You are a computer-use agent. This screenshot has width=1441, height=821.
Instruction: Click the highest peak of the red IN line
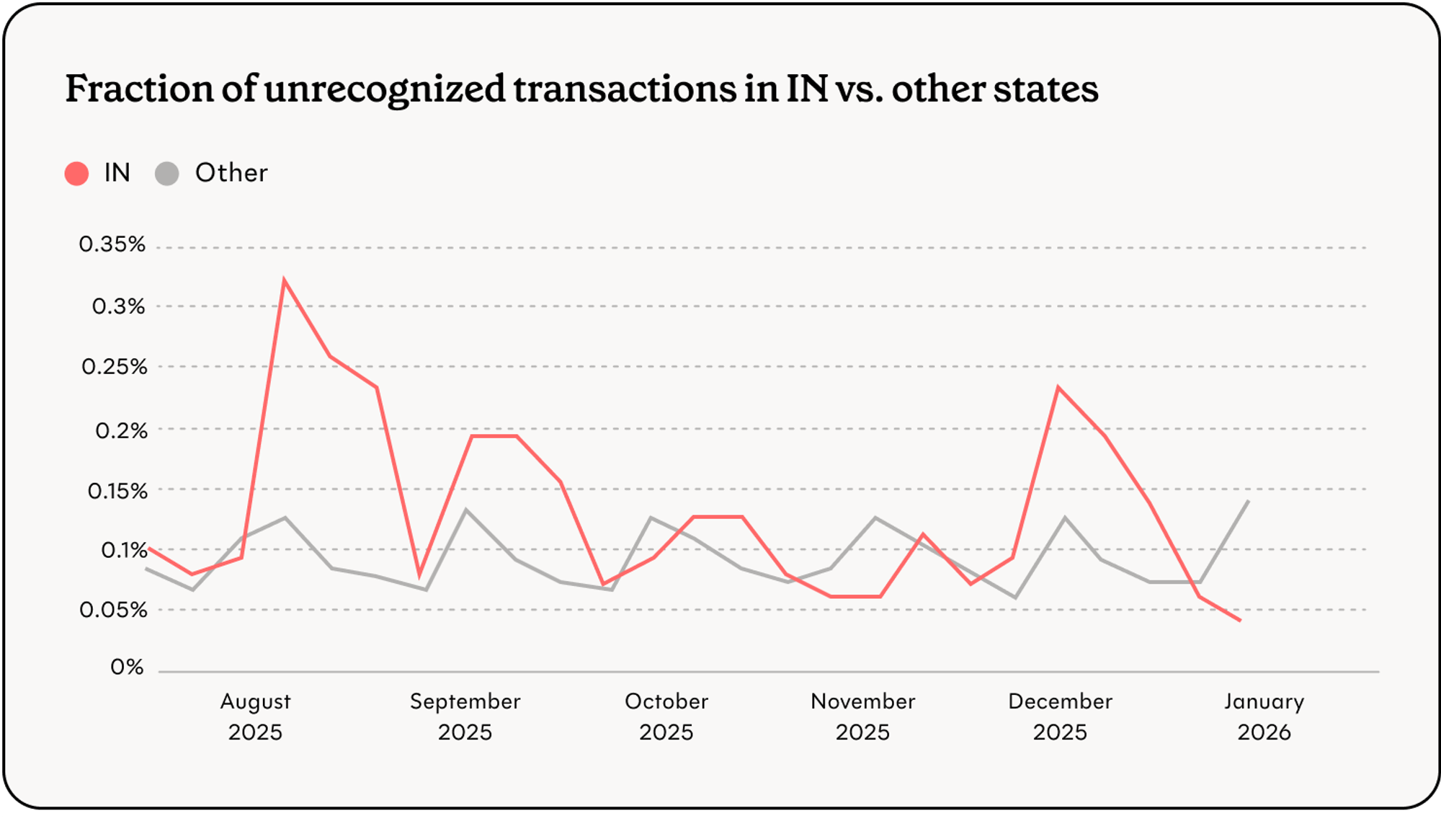(x=285, y=280)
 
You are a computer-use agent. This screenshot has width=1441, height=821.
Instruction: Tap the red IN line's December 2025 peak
(x=1058, y=388)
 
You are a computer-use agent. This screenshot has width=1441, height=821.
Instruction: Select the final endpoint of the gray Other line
(x=1248, y=501)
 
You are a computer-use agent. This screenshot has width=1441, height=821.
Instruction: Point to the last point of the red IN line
(x=1240, y=620)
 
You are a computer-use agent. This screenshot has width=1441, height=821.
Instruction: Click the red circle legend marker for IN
(x=76, y=174)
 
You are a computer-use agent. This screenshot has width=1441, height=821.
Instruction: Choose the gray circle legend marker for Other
(x=167, y=174)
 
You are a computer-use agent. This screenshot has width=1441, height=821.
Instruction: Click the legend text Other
(x=231, y=173)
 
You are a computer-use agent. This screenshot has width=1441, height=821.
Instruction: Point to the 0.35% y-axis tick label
(x=112, y=244)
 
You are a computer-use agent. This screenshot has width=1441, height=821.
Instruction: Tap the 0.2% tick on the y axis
(x=121, y=431)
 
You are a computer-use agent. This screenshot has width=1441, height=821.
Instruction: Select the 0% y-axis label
(x=127, y=667)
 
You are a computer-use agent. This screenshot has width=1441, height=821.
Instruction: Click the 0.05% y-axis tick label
(x=113, y=610)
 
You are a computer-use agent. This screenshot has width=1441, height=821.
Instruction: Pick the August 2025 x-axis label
(x=255, y=716)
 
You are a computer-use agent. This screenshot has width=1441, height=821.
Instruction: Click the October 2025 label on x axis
(x=666, y=716)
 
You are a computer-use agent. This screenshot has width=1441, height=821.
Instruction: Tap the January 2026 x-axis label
(x=1264, y=716)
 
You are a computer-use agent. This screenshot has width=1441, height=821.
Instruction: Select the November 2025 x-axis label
(x=862, y=716)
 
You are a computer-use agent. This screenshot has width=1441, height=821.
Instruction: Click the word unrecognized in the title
(x=385, y=89)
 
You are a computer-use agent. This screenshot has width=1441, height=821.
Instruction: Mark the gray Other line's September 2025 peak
(x=466, y=510)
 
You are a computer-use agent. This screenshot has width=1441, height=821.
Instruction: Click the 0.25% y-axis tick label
(x=114, y=367)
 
